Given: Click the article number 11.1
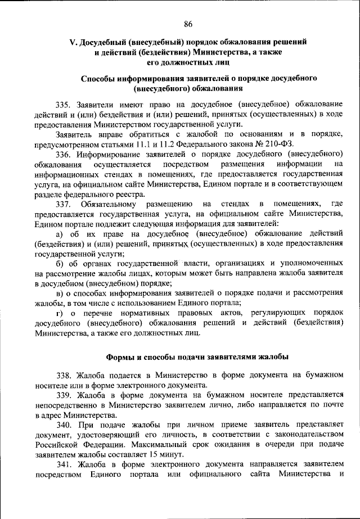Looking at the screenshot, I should [x=136, y=144].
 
